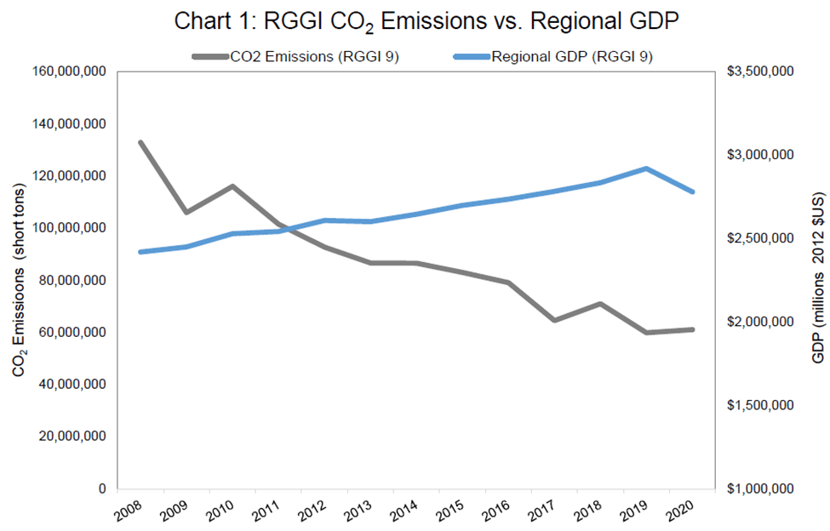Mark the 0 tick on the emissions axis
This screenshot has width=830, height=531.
point(100,488)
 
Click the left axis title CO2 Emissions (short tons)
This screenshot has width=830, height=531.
point(18,281)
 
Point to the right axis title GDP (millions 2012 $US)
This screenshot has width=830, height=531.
point(818,281)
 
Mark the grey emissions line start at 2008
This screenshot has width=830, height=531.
point(140,142)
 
